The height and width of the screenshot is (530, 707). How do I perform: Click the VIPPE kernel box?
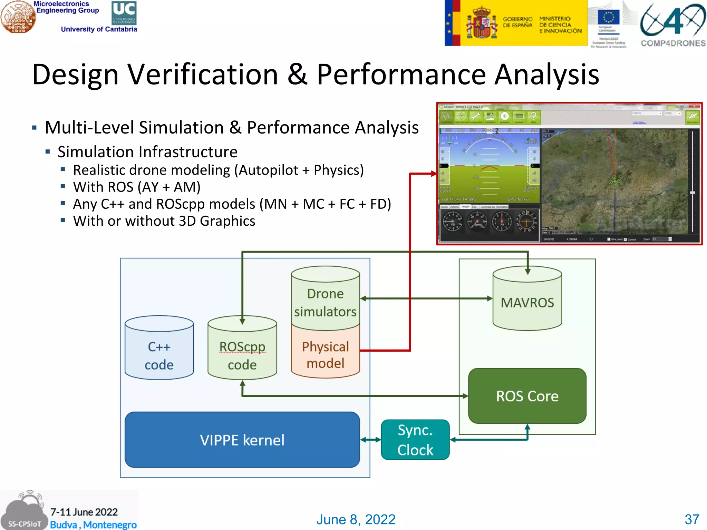(x=242, y=440)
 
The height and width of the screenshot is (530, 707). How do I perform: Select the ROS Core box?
(x=527, y=396)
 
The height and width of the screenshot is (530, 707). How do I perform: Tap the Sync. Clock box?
(x=415, y=440)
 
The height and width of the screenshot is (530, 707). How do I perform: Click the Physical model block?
(x=325, y=355)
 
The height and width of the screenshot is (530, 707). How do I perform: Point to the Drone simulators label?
(x=325, y=303)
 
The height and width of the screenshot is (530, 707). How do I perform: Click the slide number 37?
(x=692, y=519)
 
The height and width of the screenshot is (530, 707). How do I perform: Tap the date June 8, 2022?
(x=356, y=519)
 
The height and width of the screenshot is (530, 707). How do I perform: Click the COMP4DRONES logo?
(x=673, y=24)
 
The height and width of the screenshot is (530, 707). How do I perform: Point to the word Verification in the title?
(x=203, y=75)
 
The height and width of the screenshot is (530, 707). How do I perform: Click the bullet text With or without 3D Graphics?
(x=164, y=221)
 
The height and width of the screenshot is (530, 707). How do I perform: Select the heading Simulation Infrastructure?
(x=147, y=152)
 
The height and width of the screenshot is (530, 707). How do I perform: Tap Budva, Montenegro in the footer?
(x=93, y=524)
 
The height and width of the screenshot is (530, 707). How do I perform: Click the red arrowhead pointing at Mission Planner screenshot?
(x=434, y=174)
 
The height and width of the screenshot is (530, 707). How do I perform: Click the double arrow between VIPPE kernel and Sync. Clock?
(x=370, y=440)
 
